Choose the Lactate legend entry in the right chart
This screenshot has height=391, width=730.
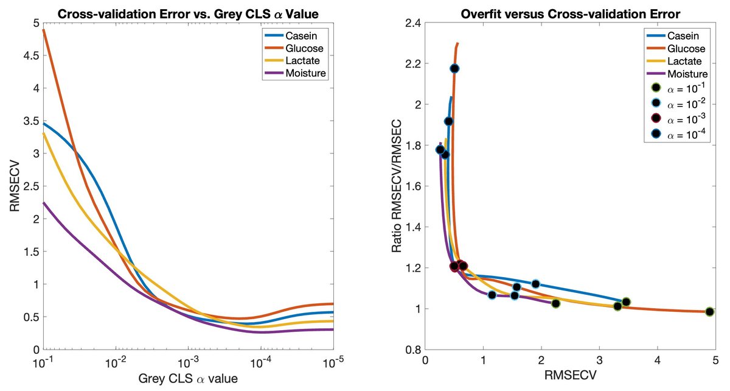coord(680,61)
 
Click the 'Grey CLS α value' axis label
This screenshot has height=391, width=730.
coord(187,379)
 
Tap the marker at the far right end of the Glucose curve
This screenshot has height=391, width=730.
coord(709,312)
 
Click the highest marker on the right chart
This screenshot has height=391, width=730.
coord(454,68)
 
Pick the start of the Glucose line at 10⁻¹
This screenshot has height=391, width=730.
coord(44,29)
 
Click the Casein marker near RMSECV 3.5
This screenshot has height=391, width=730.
coord(626,301)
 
